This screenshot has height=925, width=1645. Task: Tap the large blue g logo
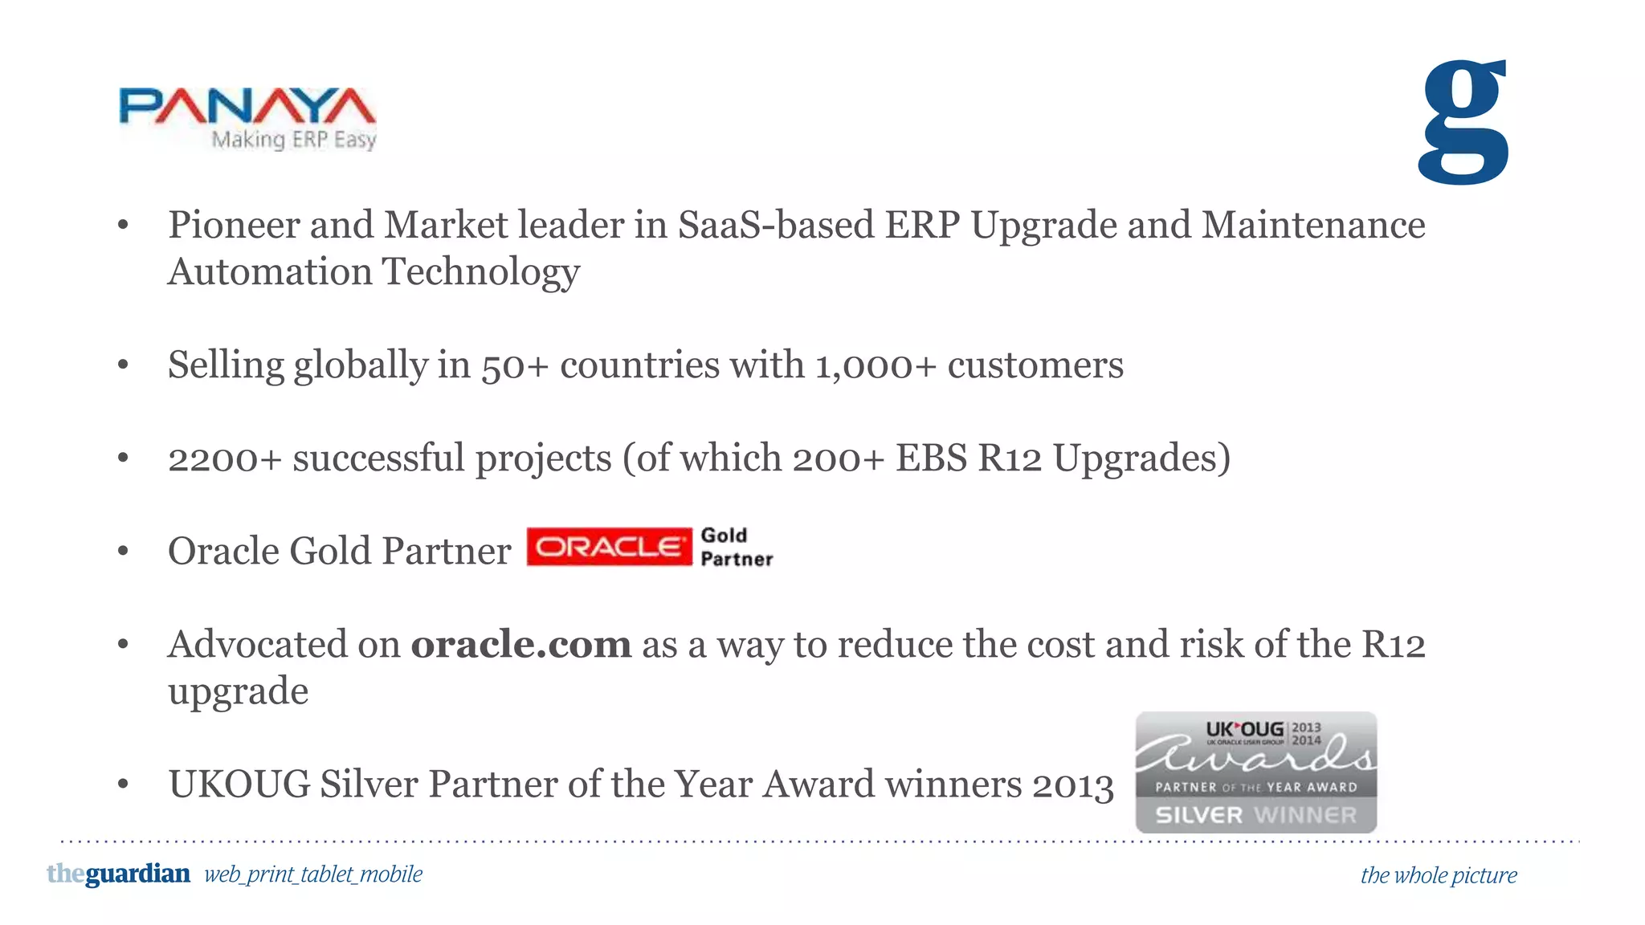tap(1463, 122)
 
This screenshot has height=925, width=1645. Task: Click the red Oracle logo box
tap(609, 547)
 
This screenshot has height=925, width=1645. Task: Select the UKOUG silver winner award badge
tap(1255, 772)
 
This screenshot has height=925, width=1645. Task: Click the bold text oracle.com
tap(521, 645)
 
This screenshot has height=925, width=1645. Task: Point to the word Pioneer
tap(233, 225)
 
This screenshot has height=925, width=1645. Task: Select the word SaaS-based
tap(775, 225)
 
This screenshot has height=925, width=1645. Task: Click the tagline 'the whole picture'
tap(1438, 875)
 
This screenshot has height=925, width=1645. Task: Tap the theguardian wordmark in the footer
tap(119, 874)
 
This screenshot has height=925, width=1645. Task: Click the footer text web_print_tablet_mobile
tap(313, 874)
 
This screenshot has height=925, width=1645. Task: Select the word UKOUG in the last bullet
tap(239, 784)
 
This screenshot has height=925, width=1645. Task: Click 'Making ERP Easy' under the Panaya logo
tap(293, 140)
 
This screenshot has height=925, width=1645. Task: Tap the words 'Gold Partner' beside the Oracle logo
tap(736, 548)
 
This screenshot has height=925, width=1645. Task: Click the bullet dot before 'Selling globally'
tap(123, 366)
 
